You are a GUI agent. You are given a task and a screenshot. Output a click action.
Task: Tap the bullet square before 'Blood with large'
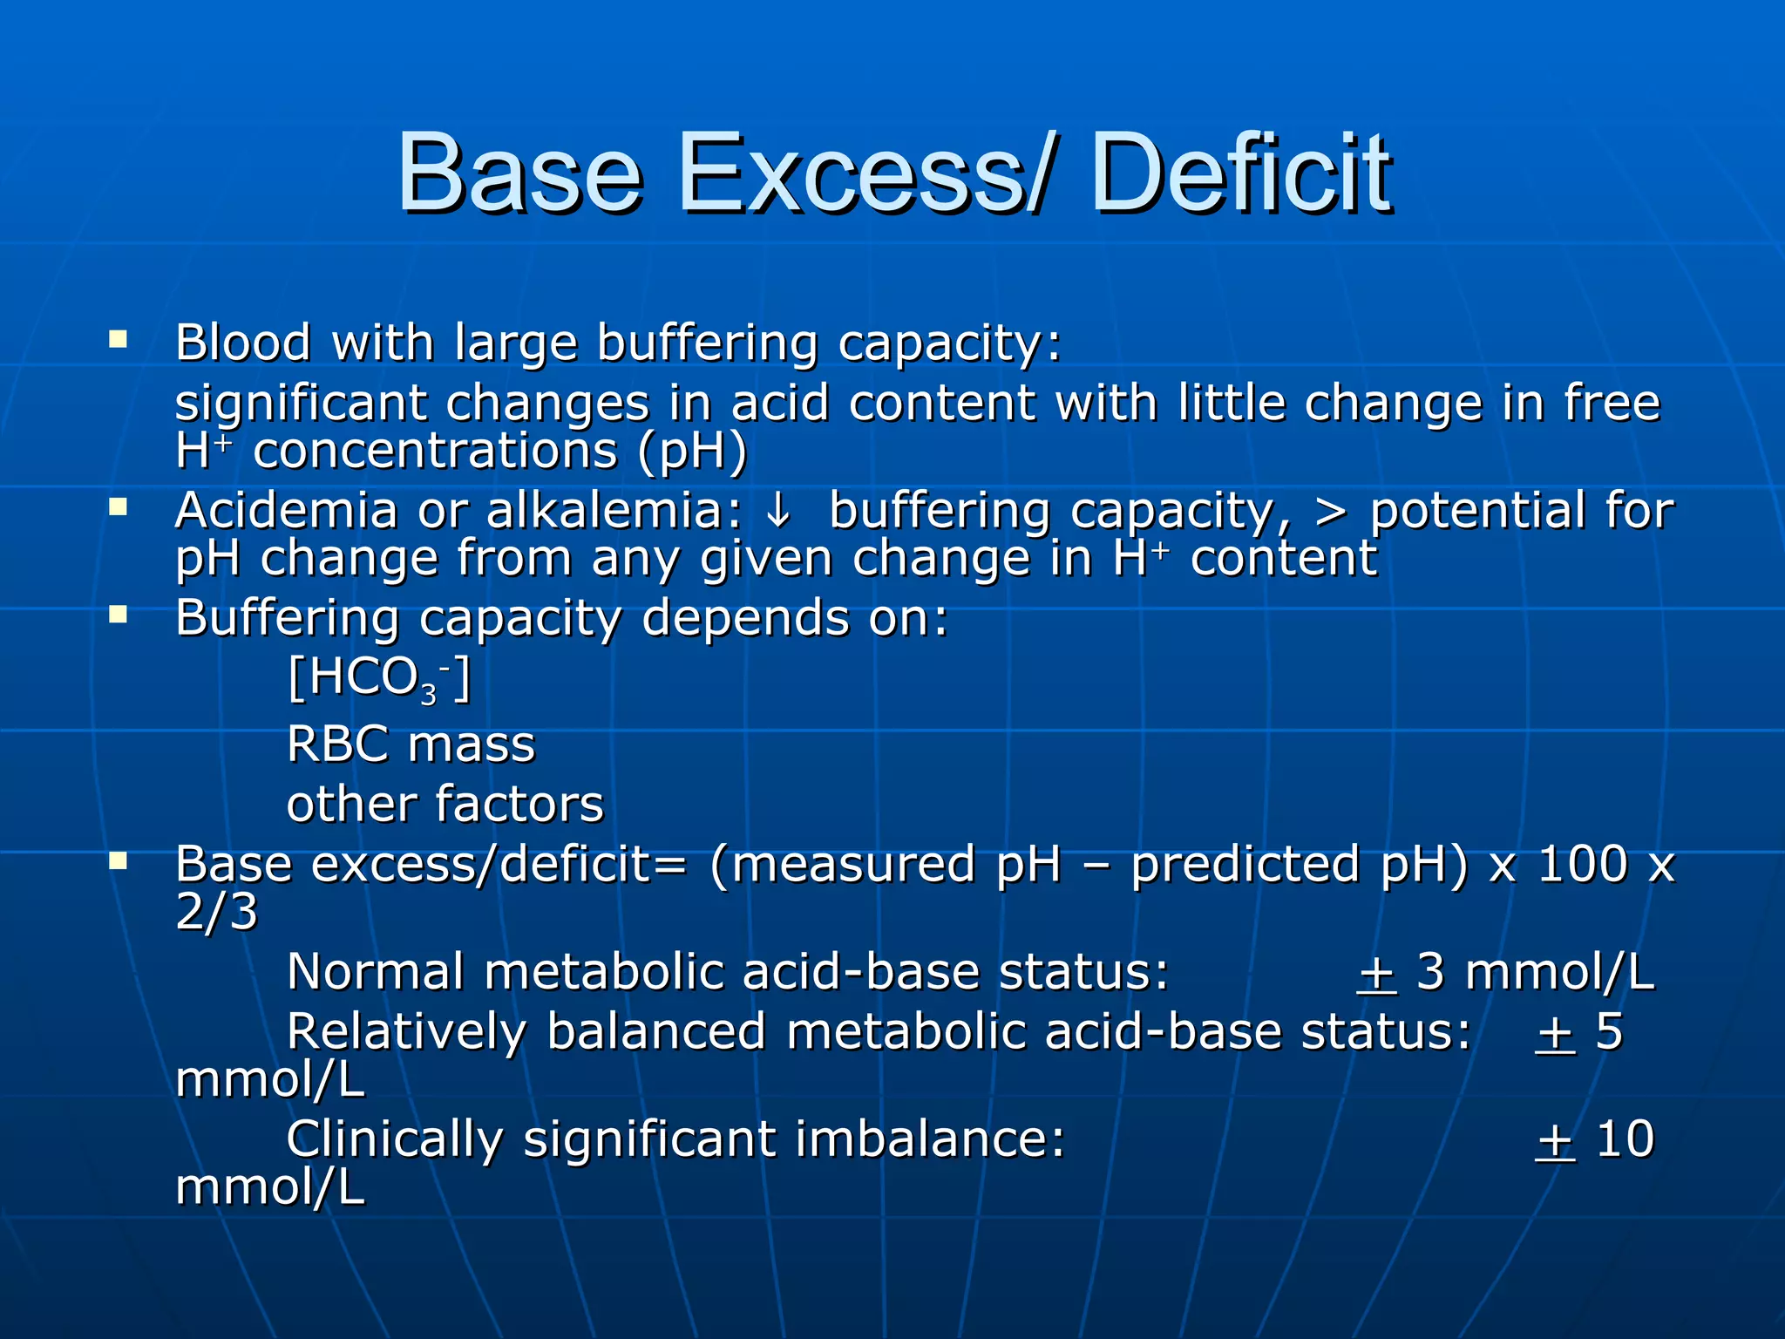118,338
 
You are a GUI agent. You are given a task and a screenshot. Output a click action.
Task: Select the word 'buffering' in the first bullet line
707,343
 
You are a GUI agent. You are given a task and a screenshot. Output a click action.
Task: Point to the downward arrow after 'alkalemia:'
777,511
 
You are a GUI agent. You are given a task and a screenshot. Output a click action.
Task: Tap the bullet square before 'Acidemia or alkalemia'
118,506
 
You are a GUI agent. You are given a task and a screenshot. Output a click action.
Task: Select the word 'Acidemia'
286,511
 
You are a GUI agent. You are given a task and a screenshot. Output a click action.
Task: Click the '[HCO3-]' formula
379,678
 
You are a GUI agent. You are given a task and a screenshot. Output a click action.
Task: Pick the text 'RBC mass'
411,745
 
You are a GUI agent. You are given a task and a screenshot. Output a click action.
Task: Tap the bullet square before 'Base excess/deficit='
118,862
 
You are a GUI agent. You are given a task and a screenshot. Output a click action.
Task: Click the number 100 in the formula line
1582,865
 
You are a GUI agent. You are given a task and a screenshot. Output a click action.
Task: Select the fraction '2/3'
216,913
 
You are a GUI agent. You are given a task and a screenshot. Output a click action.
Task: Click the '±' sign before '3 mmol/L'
1377,973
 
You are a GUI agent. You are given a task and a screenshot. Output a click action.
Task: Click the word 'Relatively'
406,1032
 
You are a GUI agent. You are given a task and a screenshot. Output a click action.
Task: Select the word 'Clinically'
394,1140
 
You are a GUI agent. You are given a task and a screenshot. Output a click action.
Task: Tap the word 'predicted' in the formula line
1245,867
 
